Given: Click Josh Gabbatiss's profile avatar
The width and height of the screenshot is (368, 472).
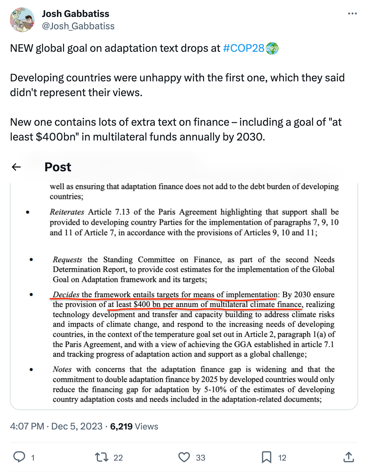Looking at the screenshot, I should [x=22, y=20].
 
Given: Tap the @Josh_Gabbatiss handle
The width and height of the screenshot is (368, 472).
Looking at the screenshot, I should [x=78, y=26].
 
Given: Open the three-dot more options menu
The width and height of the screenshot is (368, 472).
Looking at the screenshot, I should [x=352, y=14].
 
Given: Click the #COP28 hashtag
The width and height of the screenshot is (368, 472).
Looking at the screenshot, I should [x=243, y=48].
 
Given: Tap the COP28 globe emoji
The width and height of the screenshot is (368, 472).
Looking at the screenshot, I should [x=272, y=49].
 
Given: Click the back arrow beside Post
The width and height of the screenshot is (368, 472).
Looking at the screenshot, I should [x=16, y=167].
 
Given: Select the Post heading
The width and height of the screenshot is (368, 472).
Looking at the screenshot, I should [x=58, y=167].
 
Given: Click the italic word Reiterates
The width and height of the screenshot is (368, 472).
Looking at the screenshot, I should [x=67, y=212].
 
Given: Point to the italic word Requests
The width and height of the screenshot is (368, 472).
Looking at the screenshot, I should [x=67, y=260].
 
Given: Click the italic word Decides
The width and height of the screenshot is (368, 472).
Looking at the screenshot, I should [x=66, y=295].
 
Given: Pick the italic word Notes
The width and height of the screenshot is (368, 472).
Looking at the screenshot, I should [x=62, y=369].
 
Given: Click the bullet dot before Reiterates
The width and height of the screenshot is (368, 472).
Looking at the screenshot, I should [x=28, y=212].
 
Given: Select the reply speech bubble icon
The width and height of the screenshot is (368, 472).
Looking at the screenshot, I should [x=19, y=457].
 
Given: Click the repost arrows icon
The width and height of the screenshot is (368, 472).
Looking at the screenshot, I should [x=102, y=457].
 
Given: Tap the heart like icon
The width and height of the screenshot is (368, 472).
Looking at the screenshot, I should [x=184, y=457].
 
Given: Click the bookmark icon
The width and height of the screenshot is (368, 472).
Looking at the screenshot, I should [x=266, y=457].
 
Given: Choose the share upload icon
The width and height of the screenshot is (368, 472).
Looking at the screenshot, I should [x=349, y=457].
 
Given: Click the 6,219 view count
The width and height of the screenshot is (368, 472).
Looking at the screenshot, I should [x=121, y=426].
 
